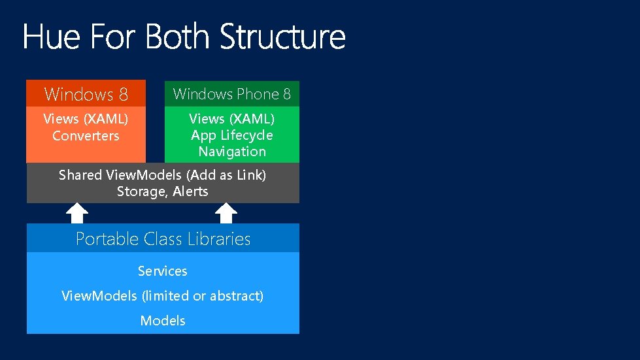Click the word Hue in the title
[x=51, y=37]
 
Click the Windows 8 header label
[x=86, y=94]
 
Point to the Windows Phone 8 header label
[x=231, y=94]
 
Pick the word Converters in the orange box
[x=86, y=136]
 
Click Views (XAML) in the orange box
[x=86, y=119]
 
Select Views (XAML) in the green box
[x=231, y=119]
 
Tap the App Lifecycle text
[x=231, y=135]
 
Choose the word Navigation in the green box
[x=232, y=152]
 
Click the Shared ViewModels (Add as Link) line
[x=162, y=175]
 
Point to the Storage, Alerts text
[x=162, y=191]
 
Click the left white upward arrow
[x=78, y=213]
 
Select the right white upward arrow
[x=226, y=213]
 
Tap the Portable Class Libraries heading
[x=163, y=239]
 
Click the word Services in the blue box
[x=163, y=271]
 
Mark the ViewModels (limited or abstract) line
[x=163, y=296]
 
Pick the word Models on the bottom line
[x=163, y=321]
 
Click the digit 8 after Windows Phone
[x=286, y=94]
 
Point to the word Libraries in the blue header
[x=219, y=239]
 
